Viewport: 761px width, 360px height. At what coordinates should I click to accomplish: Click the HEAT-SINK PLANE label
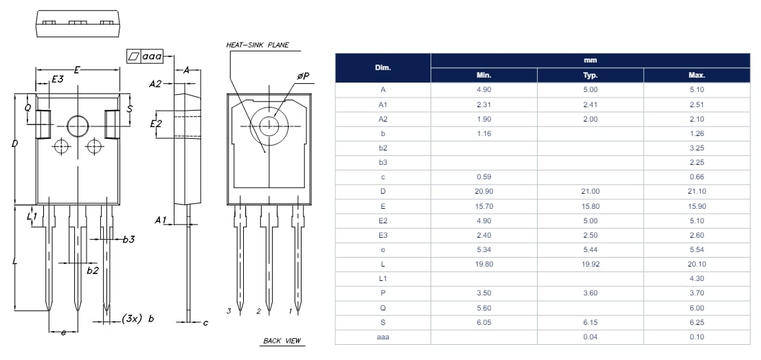tap(258, 45)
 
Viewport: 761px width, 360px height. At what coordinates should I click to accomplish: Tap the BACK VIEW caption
tap(282, 341)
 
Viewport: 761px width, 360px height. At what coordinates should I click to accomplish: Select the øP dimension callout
tap(302, 76)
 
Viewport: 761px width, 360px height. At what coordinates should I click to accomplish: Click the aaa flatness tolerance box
tap(146, 56)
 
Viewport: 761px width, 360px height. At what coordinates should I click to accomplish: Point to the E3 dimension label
tap(58, 80)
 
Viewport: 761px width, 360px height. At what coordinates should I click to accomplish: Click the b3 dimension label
tap(128, 240)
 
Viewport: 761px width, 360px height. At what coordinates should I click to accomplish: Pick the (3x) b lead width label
tap(137, 319)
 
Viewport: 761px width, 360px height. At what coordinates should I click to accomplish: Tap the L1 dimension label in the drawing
tap(32, 216)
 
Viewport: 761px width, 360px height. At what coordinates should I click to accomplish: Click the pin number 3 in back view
tap(229, 311)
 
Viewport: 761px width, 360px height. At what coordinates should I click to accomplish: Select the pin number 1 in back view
tap(290, 311)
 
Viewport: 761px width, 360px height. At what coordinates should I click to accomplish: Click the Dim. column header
tap(383, 68)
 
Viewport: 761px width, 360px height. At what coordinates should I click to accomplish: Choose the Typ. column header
tap(590, 76)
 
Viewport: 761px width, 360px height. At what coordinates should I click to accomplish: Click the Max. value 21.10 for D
tap(696, 191)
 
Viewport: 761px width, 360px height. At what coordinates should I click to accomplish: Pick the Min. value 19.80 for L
tap(484, 264)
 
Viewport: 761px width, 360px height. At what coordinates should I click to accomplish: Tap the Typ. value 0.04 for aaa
tap(590, 337)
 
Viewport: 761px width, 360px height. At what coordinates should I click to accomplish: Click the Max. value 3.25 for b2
tap(696, 148)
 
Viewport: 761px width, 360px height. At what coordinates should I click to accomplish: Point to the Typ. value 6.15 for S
tap(590, 322)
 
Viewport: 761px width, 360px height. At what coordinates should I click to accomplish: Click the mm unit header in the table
tap(590, 60)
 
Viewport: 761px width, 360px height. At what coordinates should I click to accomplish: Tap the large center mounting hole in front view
tap(78, 126)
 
